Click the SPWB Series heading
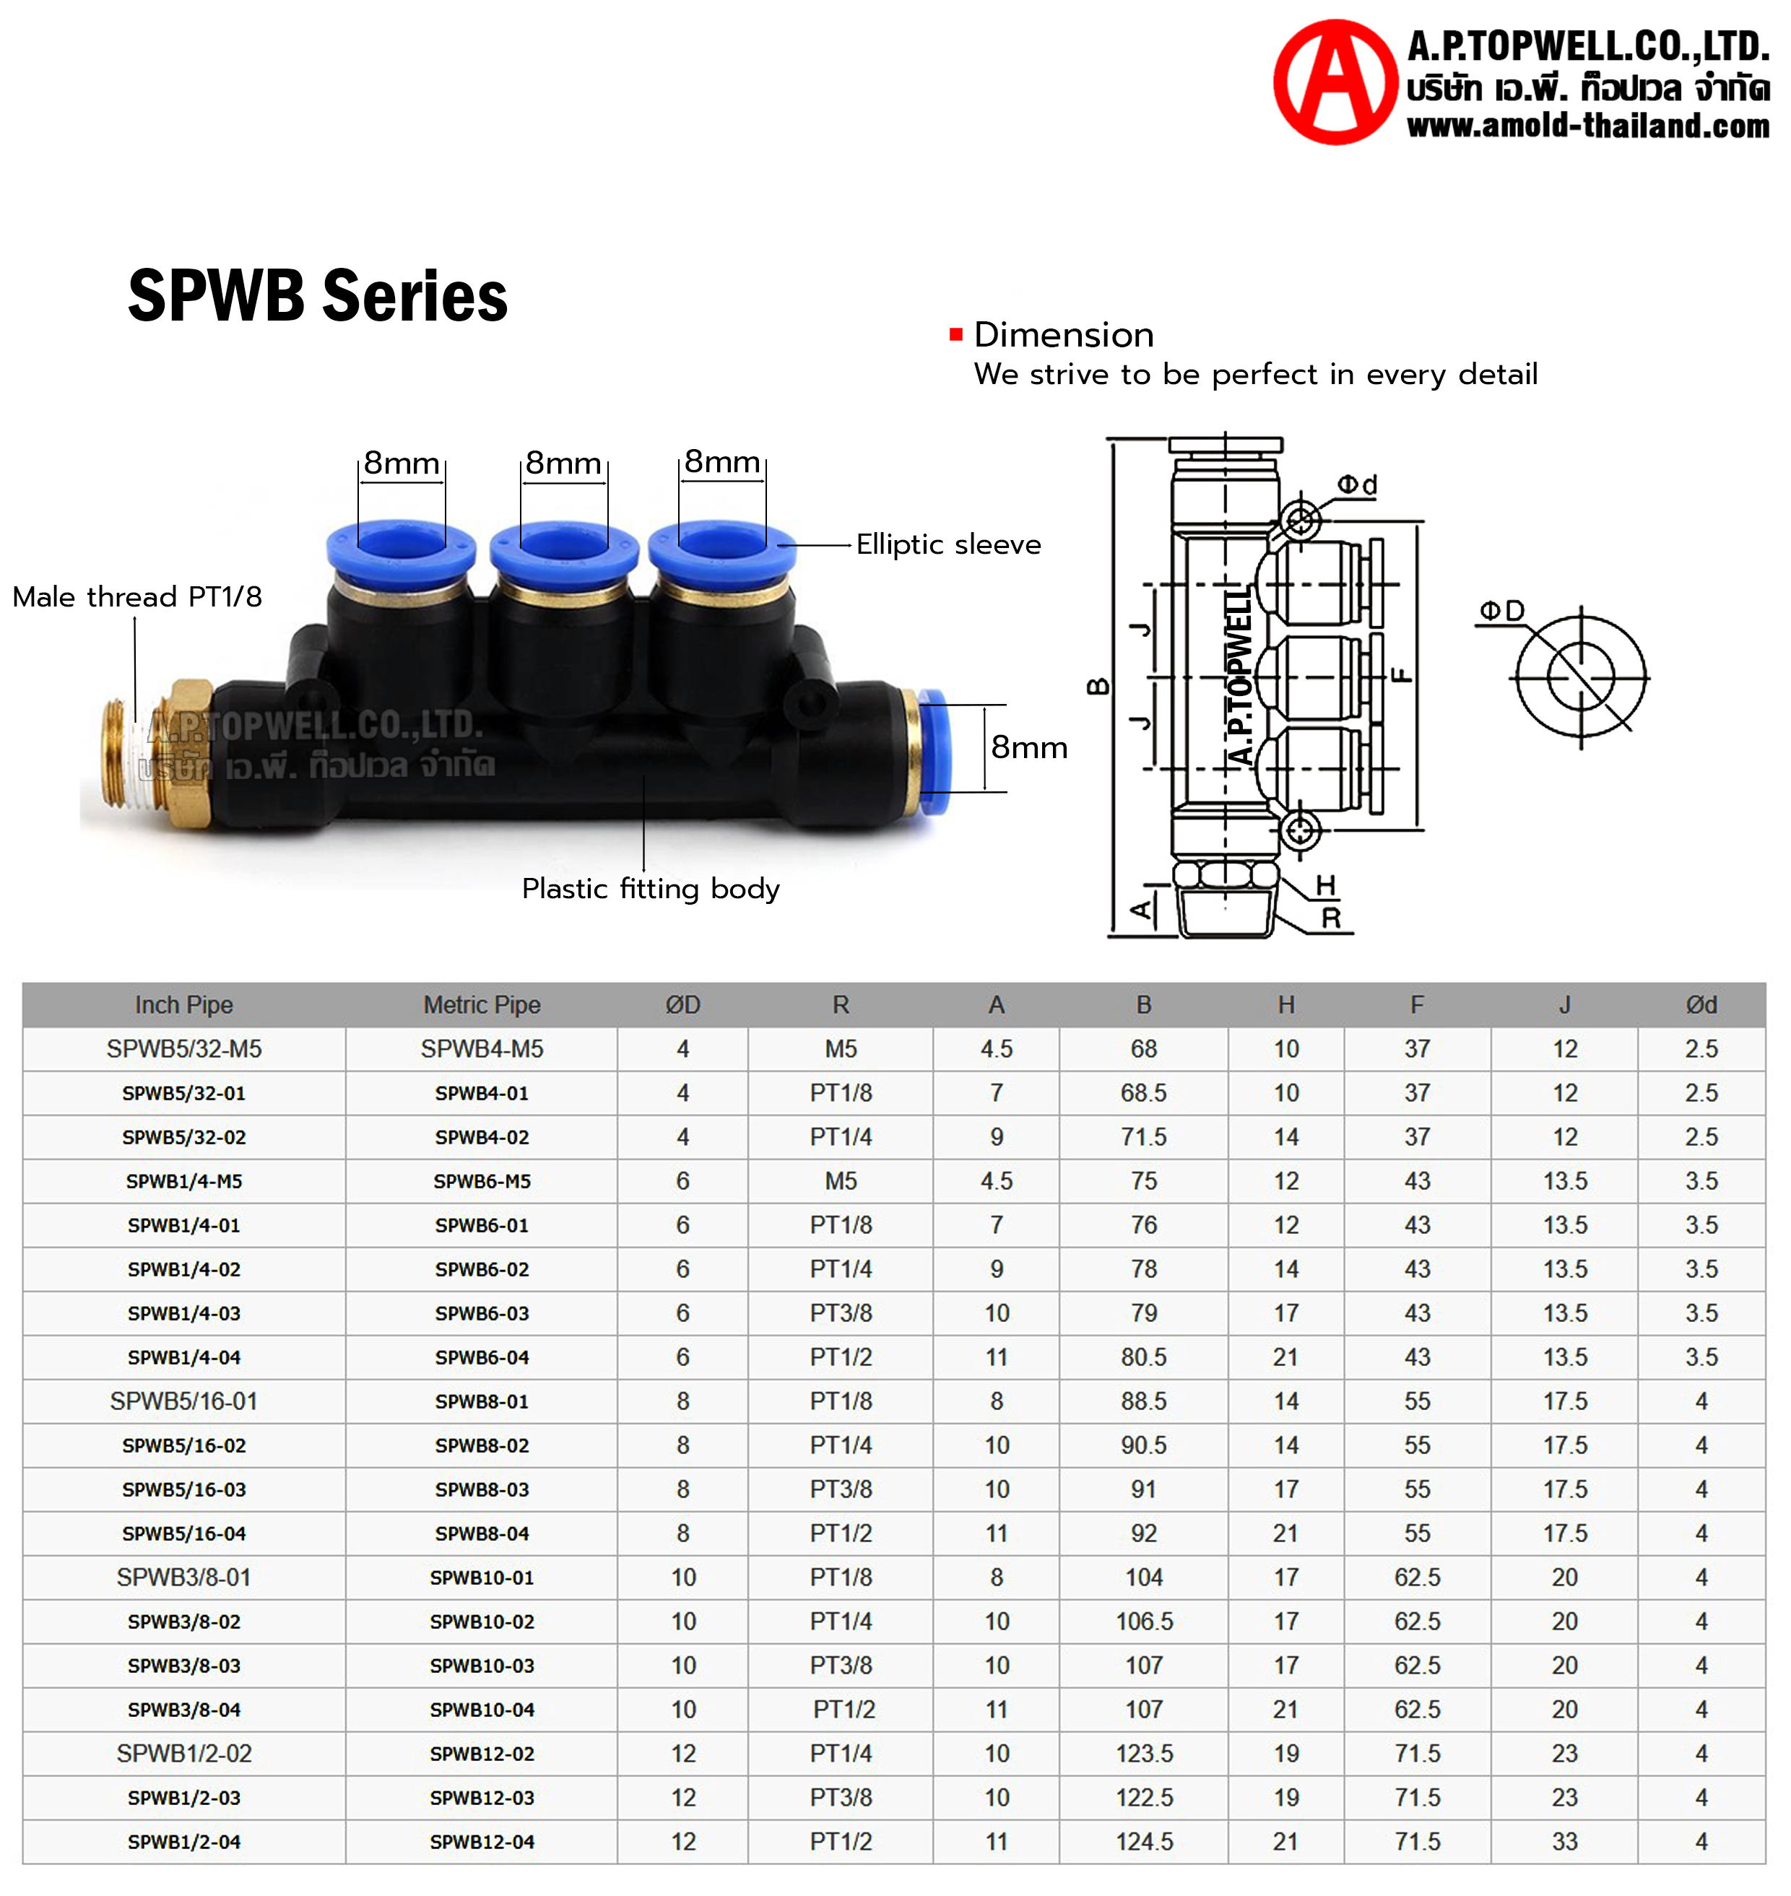coord(318,295)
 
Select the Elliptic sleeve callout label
coord(948,544)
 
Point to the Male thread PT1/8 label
coord(136,596)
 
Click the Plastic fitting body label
coord(650,889)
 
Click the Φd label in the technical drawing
coord(1357,485)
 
